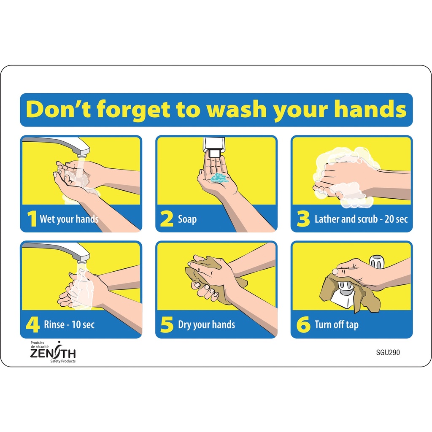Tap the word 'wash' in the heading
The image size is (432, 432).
pos(237,109)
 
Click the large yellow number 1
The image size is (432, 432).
pos(32,219)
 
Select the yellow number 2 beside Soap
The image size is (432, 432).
pos(167,219)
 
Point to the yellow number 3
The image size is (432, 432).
pos(303,219)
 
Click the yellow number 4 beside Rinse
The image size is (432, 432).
pos(32,324)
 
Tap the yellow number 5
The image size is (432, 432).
pos(167,324)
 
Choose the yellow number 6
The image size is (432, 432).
pos(303,324)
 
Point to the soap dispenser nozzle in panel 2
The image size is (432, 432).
pos(214,153)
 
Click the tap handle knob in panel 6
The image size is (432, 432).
pos(377,262)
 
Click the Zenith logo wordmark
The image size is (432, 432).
pos(53,353)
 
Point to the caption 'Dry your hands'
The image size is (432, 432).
pos(206,324)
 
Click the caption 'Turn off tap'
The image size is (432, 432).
pos(337,324)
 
